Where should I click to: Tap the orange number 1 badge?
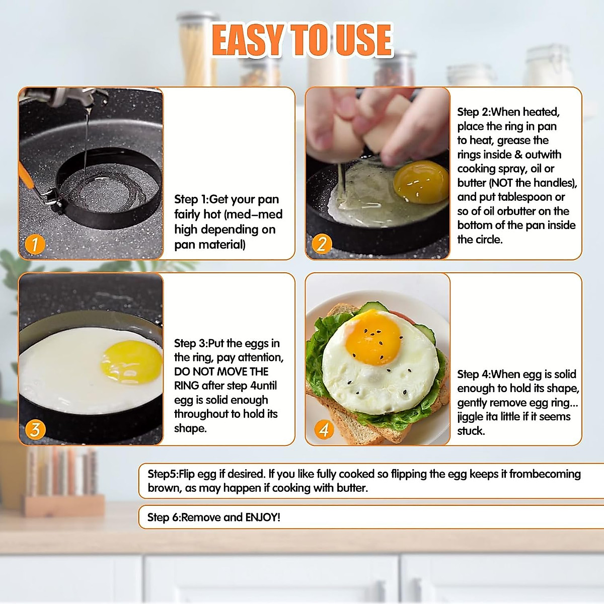(35, 245)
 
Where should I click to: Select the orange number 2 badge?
(322, 244)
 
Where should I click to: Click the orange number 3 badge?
(35, 429)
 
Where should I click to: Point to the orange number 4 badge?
(324, 429)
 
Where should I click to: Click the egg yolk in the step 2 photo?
(421, 182)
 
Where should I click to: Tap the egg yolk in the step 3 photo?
(131, 362)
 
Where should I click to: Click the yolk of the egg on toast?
(373, 339)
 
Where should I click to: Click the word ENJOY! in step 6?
(262, 517)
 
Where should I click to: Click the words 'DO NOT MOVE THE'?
(221, 371)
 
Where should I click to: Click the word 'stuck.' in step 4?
(471, 431)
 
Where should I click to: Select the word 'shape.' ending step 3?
(190, 428)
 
